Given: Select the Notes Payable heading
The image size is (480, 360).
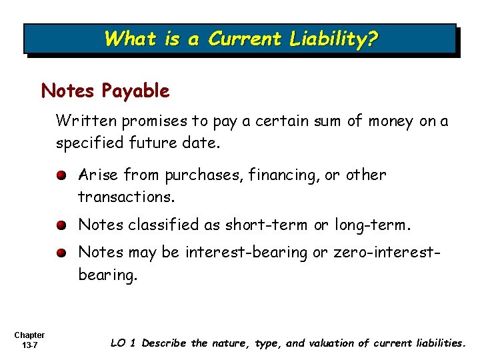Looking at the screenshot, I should pos(105,91).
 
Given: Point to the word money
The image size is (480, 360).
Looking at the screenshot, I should pos(389,121).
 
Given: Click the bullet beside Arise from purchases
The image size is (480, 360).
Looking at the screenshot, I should pos(60,175).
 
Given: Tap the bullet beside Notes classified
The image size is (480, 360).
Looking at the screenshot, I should pos(60,225).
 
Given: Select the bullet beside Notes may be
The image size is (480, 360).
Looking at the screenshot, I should pos(60,253).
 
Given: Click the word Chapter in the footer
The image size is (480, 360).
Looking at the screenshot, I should pos(29,335).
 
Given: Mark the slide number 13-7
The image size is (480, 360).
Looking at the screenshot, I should pos(29,345).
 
